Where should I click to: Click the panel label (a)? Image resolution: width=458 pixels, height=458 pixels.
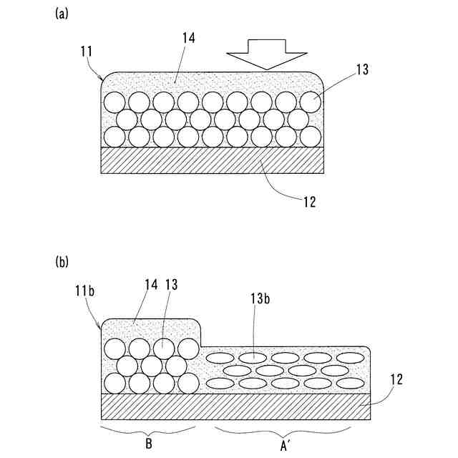[x=62, y=14]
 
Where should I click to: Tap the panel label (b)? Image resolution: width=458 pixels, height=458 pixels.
[x=62, y=262]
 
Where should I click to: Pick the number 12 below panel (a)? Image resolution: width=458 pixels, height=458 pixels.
[x=308, y=203]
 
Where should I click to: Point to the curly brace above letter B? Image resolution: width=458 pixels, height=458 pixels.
[x=149, y=431]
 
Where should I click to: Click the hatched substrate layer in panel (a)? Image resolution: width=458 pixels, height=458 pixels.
[x=211, y=160]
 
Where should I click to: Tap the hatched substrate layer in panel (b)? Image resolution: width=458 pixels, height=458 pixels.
[x=236, y=406]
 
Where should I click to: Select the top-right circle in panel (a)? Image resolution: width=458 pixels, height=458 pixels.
[x=311, y=102]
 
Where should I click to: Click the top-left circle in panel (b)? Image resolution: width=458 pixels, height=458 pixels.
[x=115, y=349]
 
